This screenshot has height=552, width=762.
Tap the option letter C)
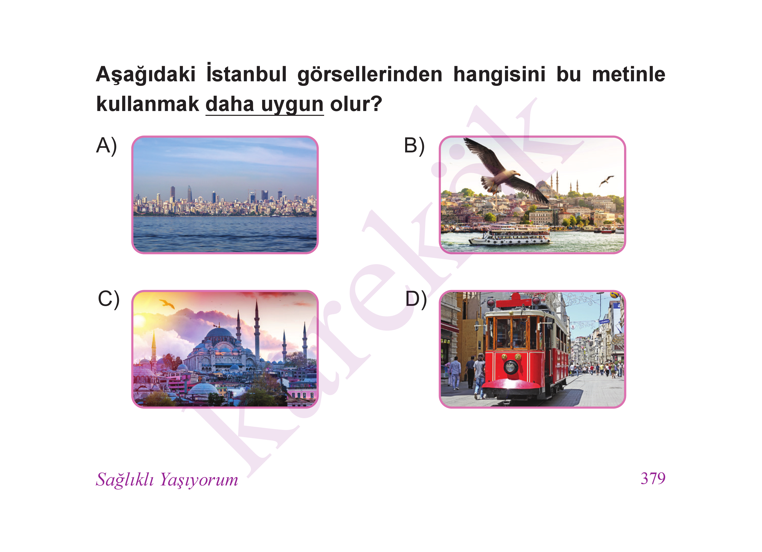[108, 299]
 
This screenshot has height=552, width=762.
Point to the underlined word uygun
[292, 104]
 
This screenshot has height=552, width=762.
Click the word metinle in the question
[629, 74]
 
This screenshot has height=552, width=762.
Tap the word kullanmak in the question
[148, 104]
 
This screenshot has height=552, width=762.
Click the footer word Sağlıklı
[125, 480]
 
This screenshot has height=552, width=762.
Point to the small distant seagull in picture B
[607, 181]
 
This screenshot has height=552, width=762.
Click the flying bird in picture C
[167, 304]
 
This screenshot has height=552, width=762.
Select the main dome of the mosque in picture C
[219, 334]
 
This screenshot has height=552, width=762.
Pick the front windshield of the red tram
[511, 333]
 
